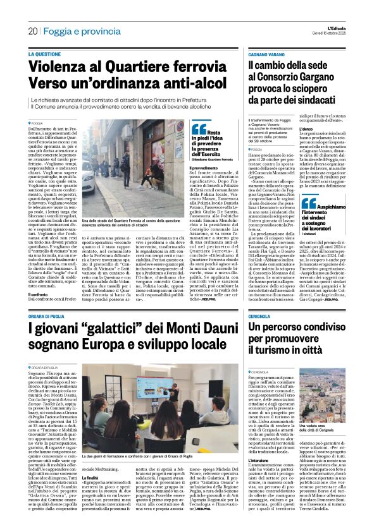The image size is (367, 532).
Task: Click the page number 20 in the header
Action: pos(32,30)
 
